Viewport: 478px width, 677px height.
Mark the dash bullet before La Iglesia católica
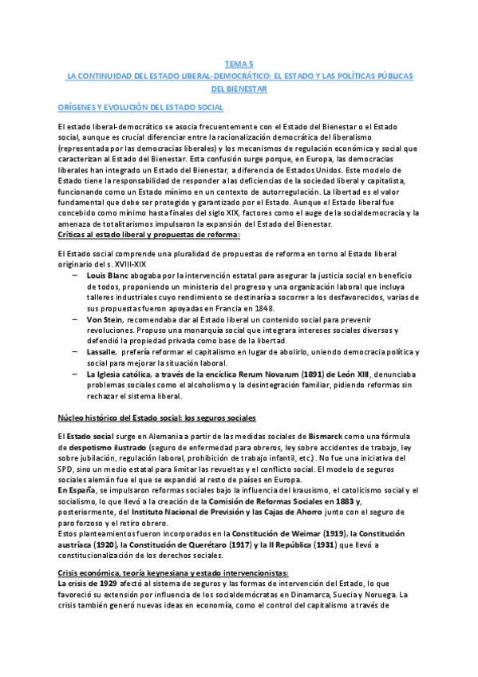[x=74, y=374]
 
